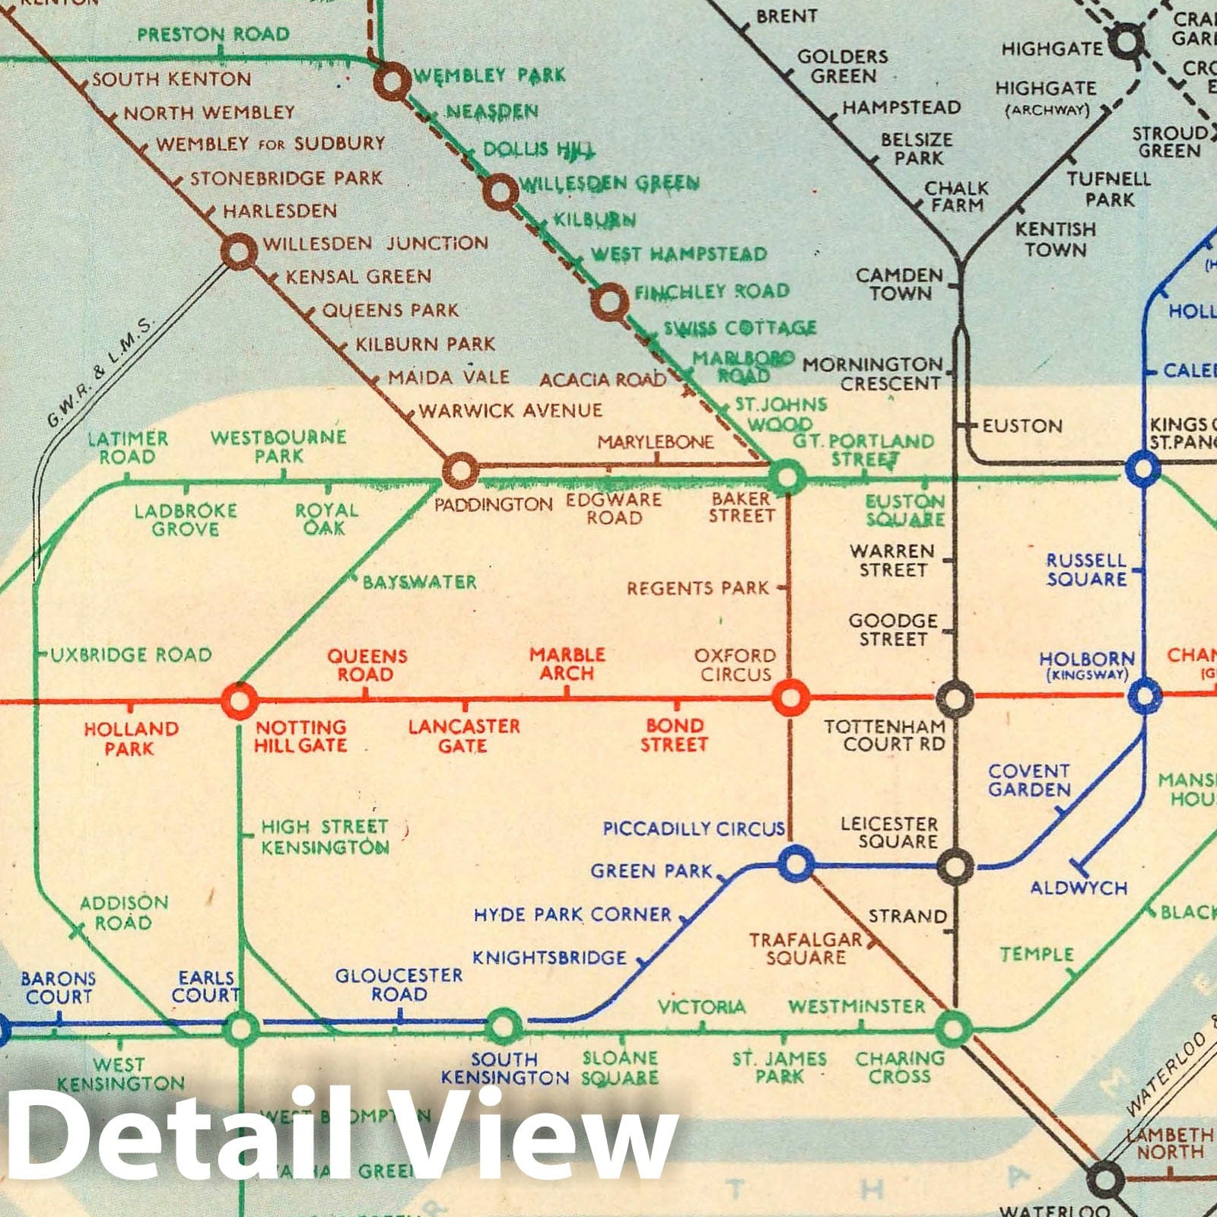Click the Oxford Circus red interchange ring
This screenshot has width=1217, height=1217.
(x=790, y=696)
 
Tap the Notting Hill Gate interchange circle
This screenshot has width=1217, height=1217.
(x=239, y=700)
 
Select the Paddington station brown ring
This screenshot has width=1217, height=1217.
(x=459, y=470)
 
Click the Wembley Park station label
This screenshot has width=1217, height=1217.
(x=489, y=75)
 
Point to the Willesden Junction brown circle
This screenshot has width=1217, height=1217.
(x=238, y=251)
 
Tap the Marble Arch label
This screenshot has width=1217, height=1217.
(x=567, y=664)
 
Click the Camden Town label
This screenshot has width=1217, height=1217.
(x=900, y=284)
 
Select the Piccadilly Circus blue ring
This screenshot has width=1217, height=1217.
(x=796, y=863)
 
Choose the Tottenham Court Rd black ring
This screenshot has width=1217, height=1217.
(x=955, y=697)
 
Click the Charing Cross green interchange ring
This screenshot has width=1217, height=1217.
(x=952, y=1028)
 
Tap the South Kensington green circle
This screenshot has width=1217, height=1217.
(x=503, y=1027)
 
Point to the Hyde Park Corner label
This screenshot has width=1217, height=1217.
(x=572, y=914)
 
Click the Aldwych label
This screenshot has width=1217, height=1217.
(x=1079, y=888)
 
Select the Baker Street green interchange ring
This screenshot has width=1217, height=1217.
(x=786, y=478)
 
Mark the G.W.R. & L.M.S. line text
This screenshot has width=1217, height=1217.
(x=99, y=371)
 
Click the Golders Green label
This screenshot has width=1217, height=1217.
(x=843, y=66)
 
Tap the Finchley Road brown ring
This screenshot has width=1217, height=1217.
(x=609, y=301)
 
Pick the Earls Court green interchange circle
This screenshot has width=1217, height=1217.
(x=240, y=1028)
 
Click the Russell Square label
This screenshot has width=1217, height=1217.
(x=1086, y=570)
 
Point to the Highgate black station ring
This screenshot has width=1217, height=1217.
(x=1126, y=41)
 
